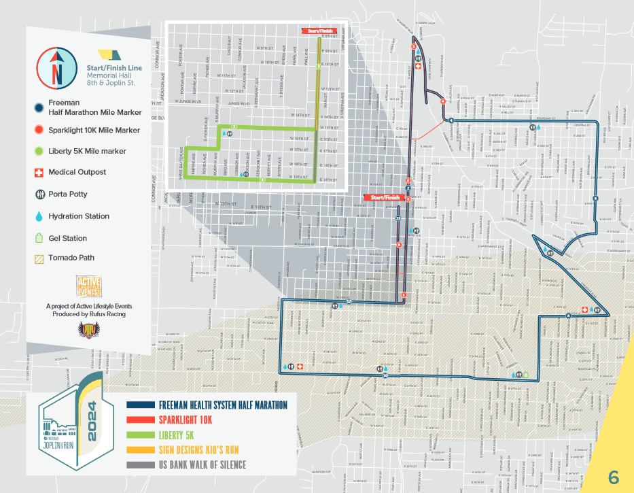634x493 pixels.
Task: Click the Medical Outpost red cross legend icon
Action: (x=38, y=172)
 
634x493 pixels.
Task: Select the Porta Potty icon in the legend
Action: (x=38, y=194)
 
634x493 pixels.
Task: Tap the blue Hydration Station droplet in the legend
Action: (x=38, y=216)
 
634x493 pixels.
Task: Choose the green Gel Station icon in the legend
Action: (x=38, y=239)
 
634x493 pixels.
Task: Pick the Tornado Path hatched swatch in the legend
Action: (x=38, y=258)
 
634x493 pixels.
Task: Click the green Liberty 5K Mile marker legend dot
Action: (x=38, y=151)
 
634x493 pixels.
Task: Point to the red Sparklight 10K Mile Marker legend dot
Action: (x=38, y=130)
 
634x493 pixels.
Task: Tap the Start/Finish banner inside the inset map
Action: (x=320, y=31)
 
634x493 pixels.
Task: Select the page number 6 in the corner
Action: (x=613, y=477)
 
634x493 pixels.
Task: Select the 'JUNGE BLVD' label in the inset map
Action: (x=239, y=104)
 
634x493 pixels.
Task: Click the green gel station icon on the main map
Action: (x=525, y=373)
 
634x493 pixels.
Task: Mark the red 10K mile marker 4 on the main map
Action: (x=443, y=101)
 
